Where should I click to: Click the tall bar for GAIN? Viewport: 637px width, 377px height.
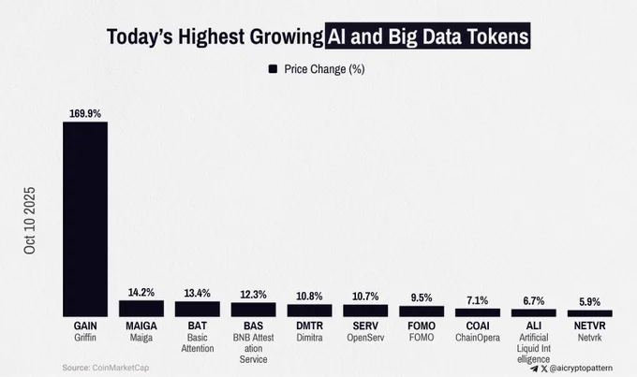(x=85, y=219)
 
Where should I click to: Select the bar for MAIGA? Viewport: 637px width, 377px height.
(x=141, y=309)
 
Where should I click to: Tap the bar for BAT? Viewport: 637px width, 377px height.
(x=198, y=309)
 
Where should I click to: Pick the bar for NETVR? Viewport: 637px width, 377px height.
(x=590, y=313)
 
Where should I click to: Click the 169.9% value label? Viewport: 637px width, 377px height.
(x=85, y=113)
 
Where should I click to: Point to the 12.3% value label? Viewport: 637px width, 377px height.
(x=253, y=295)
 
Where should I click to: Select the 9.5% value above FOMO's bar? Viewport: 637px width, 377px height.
(x=422, y=297)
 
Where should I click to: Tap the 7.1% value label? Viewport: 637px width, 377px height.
(x=478, y=300)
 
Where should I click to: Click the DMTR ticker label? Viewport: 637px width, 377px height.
(x=309, y=326)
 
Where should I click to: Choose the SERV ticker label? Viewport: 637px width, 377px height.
(x=365, y=326)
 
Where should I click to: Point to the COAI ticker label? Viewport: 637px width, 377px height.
(x=478, y=326)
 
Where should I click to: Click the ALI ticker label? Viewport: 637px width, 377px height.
(x=534, y=326)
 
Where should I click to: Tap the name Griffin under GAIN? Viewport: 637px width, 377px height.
(x=85, y=338)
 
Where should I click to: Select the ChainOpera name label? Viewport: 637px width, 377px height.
(x=478, y=338)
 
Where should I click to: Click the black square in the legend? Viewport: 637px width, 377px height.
(x=273, y=69)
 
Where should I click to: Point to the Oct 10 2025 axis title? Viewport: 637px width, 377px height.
(x=30, y=221)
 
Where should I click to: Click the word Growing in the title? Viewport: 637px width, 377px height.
(x=287, y=36)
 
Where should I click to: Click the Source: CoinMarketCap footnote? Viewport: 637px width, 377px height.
(x=106, y=368)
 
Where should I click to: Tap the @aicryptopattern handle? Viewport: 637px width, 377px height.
(x=581, y=368)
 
